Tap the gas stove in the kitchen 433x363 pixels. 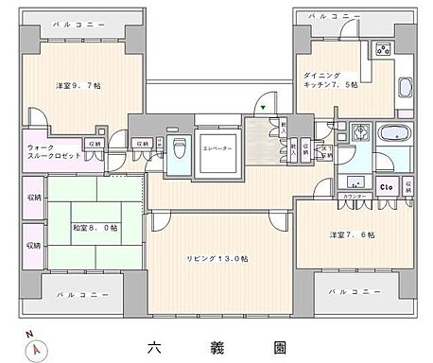pos(384,49)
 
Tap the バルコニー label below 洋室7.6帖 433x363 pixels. pos(355,292)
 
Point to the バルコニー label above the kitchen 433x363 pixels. pos(334,16)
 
